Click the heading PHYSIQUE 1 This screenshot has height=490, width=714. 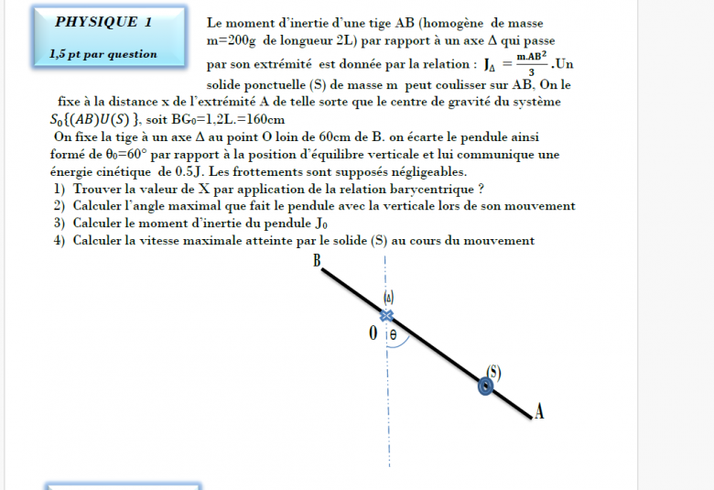click(x=103, y=22)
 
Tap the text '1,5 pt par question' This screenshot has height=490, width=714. click(x=103, y=54)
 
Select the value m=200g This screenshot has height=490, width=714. click(x=233, y=41)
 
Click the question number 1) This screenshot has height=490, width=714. click(x=59, y=189)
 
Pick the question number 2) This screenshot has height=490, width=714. click(x=59, y=206)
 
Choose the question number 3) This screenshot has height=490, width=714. click(x=59, y=223)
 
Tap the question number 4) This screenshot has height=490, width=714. click(x=59, y=241)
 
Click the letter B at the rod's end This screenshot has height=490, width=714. click(x=317, y=261)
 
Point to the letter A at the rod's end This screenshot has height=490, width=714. click(x=539, y=413)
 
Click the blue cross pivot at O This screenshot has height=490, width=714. click(x=386, y=316)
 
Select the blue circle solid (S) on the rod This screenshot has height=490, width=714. click(x=486, y=387)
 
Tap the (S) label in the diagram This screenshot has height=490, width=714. click(x=493, y=371)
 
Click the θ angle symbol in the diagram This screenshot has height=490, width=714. click(x=393, y=335)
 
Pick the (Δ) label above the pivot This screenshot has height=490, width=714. click(x=388, y=298)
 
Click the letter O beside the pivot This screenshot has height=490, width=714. click(x=373, y=333)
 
